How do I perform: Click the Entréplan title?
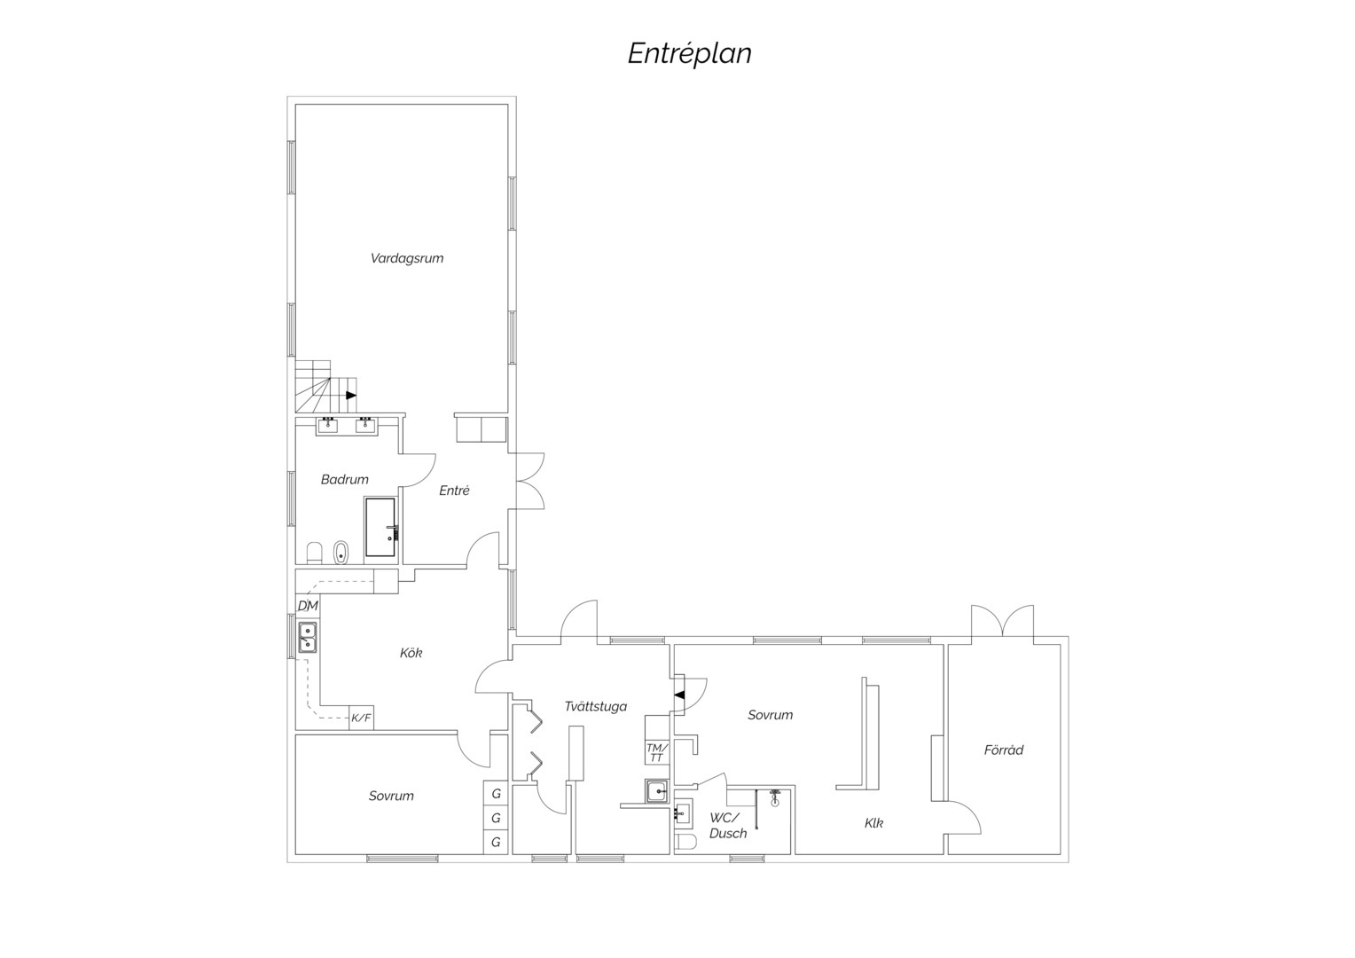[x=690, y=54]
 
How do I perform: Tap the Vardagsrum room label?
[x=407, y=258]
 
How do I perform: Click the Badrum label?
[x=344, y=479]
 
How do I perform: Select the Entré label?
[x=454, y=491]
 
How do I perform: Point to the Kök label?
[x=411, y=652]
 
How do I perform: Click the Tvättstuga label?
[x=596, y=706]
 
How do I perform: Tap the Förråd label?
[x=1004, y=750]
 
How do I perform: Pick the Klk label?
[x=873, y=823]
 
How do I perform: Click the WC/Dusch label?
[x=728, y=826]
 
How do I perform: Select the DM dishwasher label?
[x=308, y=606]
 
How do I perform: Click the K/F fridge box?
[x=361, y=718]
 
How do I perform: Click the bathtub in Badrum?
[x=380, y=527]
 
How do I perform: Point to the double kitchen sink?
[x=308, y=637]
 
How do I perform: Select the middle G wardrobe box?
[x=496, y=818]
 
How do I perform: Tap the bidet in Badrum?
[x=341, y=552]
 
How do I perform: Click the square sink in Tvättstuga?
[x=657, y=790]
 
